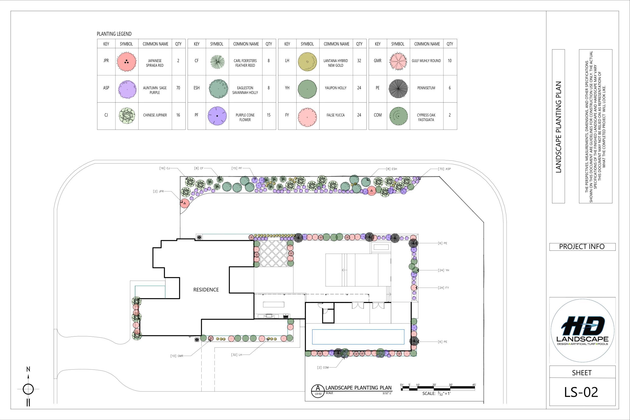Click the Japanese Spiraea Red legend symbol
coord(126,62)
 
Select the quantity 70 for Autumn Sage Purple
coord(178,88)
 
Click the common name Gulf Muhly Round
coord(426,61)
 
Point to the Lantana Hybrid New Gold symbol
coord(307,62)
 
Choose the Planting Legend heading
coord(114,34)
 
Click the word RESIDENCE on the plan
coord(206,290)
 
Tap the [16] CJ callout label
coord(164,168)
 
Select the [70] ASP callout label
coord(444,169)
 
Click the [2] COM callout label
coord(323,368)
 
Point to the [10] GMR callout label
coord(177,356)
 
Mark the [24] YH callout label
coord(443,270)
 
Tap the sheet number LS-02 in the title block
coord(581,392)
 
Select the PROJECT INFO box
coord(582,247)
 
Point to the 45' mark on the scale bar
coord(474,385)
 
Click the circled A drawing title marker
coord(318,391)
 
